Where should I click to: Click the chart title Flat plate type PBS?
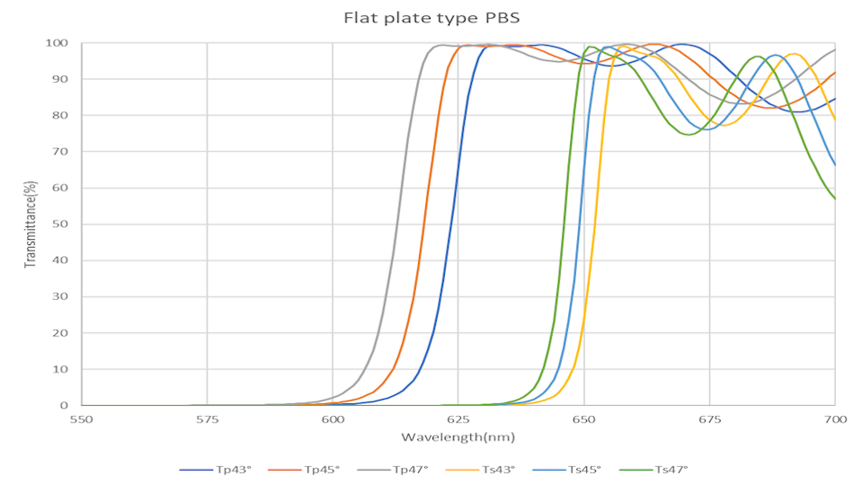coord(431,17)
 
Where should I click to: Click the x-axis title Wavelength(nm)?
coord(458,437)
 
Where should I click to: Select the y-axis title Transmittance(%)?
coord(31,224)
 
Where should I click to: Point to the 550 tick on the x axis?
coord(81,419)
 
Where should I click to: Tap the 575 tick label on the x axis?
coord(207,419)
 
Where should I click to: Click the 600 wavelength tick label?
coord(333,419)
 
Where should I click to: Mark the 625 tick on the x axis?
coord(458,419)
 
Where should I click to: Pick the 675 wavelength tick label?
coord(709,419)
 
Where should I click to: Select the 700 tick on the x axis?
coord(835,419)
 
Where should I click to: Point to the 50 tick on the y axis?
coord(62,225)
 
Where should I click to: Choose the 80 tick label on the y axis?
coord(62,116)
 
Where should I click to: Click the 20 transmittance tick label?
coord(62,333)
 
